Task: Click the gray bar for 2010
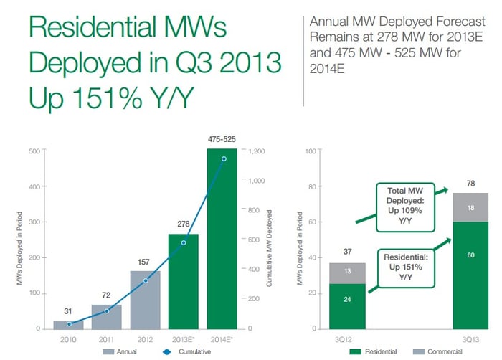click(x=69, y=325)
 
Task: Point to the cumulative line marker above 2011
click(x=107, y=311)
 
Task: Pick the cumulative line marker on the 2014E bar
click(x=224, y=159)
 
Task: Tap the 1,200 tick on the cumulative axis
click(x=257, y=151)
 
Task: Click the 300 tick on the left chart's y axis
click(x=34, y=222)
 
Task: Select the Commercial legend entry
click(x=445, y=352)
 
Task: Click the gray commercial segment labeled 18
click(x=470, y=208)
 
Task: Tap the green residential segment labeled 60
click(x=470, y=276)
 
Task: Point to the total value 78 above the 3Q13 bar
click(x=470, y=184)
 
